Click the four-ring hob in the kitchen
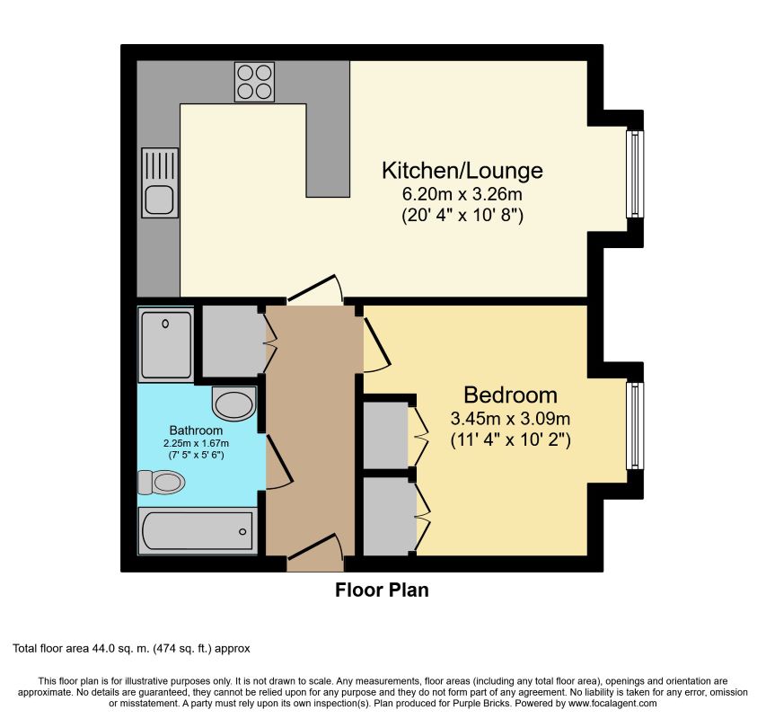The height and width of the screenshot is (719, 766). point(254,81)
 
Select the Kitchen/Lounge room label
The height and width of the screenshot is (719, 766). point(462,170)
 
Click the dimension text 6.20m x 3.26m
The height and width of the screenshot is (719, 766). point(462,193)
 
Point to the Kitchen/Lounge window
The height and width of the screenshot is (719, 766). point(635,173)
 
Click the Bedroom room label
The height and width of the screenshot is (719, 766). point(510,395)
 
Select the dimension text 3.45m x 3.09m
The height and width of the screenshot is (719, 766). point(510,419)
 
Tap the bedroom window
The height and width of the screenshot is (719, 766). point(635,427)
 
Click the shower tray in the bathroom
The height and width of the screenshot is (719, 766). point(166,342)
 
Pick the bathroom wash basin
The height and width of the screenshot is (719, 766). point(234,404)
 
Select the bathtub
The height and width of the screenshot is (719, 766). point(197,530)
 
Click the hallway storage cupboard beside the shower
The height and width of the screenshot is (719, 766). point(231,341)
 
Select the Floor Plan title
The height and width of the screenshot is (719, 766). point(382,590)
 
